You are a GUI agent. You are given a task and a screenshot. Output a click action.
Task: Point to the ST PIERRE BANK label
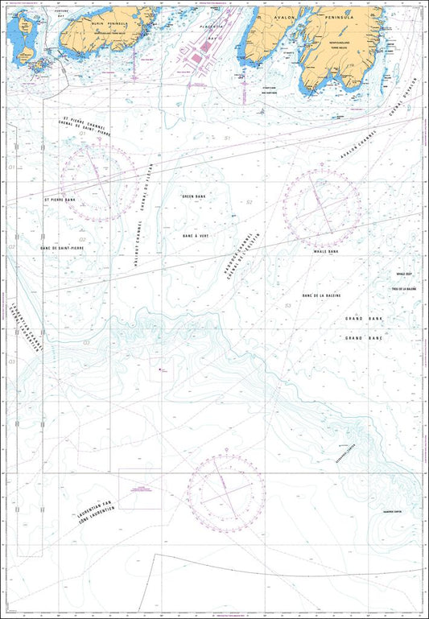59,198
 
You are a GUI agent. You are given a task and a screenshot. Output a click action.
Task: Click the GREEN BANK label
194,196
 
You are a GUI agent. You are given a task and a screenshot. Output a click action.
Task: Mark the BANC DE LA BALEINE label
321,295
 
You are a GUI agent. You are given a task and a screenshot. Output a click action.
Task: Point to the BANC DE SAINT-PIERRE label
62,248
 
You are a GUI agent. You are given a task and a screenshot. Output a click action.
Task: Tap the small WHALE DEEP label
403,274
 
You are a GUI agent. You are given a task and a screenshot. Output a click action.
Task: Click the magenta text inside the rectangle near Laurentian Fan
139,488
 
